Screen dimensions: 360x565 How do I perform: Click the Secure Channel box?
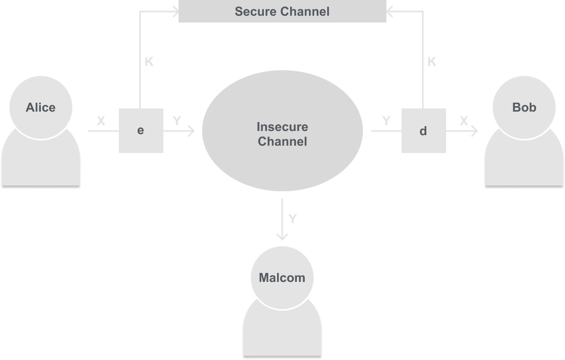282,12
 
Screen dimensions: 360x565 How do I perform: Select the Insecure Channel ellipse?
282,157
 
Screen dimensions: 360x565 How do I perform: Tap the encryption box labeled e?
141,130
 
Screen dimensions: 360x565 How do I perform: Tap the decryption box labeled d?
424,130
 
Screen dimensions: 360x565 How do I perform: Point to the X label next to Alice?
101,121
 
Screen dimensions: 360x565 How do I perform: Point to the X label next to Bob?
464,121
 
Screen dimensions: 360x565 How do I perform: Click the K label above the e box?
149,62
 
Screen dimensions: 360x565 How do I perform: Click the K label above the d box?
431,62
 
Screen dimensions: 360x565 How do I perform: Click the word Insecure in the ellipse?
282,127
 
